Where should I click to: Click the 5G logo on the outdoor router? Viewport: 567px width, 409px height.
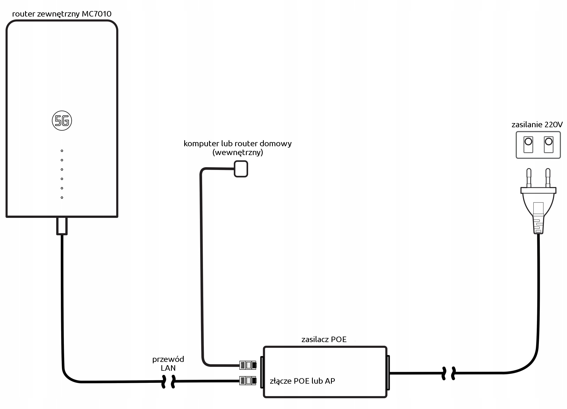point(62,121)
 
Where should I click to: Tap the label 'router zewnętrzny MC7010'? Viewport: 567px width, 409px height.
point(62,14)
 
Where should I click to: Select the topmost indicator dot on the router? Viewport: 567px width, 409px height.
point(62,151)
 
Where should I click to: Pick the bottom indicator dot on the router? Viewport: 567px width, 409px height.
point(62,197)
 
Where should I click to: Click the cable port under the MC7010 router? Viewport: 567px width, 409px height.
point(62,226)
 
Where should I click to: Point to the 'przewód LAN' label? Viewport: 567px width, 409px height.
point(168,364)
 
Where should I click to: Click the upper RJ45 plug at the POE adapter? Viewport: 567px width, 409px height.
point(248,365)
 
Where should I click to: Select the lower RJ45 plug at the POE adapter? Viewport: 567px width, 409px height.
point(248,381)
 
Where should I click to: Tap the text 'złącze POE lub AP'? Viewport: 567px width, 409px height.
point(302,381)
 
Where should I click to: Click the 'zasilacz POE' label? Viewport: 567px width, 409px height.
point(324,339)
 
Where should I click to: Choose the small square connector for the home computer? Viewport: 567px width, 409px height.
point(241,169)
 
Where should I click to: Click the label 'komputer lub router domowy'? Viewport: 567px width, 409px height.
point(238,143)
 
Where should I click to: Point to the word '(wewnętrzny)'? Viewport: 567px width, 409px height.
point(238,153)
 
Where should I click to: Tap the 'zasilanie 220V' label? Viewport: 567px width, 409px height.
point(537,125)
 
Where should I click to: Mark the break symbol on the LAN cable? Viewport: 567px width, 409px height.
point(168,381)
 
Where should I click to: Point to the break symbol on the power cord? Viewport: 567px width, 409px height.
point(448,373)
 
